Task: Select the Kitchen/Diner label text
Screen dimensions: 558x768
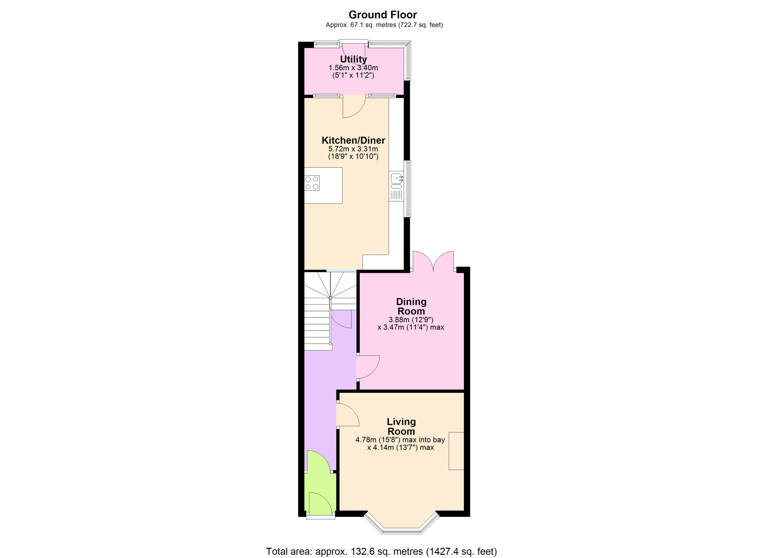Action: coord(353,140)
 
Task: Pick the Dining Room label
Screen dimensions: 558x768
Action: coord(411,306)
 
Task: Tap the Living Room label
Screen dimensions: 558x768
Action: coord(401,426)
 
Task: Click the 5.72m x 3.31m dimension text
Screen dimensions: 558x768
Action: coord(353,149)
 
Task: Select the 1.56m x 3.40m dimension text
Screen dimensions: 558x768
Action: coord(353,68)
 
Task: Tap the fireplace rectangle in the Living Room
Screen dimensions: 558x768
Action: coord(456,451)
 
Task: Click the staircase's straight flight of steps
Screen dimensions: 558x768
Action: coord(317,328)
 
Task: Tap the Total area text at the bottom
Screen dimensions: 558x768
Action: coord(381,551)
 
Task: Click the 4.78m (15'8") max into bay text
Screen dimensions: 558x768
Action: coord(400,440)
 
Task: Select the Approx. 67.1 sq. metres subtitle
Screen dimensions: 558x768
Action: coord(384,25)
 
